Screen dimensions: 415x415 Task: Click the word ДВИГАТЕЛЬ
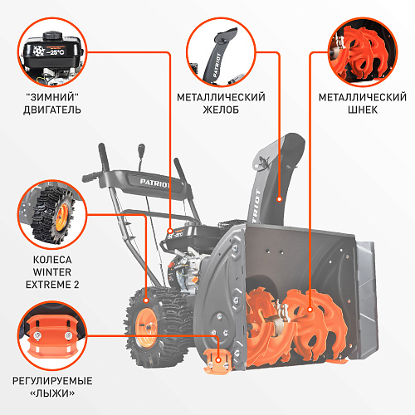coord(52,110)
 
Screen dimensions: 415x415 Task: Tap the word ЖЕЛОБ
coord(221,110)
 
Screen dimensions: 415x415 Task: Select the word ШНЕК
coord(363,110)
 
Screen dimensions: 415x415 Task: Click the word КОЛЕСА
coord(52,260)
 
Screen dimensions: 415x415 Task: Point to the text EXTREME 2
coord(52,285)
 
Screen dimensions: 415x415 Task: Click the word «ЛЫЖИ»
coord(52,393)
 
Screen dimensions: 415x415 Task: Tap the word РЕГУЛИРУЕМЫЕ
coord(52,381)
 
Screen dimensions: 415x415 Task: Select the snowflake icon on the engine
coord(39,51)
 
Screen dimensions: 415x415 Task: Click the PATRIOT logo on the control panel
coord(155,183)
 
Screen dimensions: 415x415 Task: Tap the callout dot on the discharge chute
coord(280,199)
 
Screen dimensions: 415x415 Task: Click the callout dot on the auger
coord(310,310)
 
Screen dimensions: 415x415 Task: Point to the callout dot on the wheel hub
coord(146,300)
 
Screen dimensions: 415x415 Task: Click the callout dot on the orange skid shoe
coord(218,360)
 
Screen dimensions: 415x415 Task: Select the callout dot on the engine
coord(170,231)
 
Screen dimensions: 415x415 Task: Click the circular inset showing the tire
coord(52,214)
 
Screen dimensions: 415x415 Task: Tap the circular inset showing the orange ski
coord(52,335)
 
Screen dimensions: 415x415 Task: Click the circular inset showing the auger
coord(363,52)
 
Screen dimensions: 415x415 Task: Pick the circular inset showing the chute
coord(221,52)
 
